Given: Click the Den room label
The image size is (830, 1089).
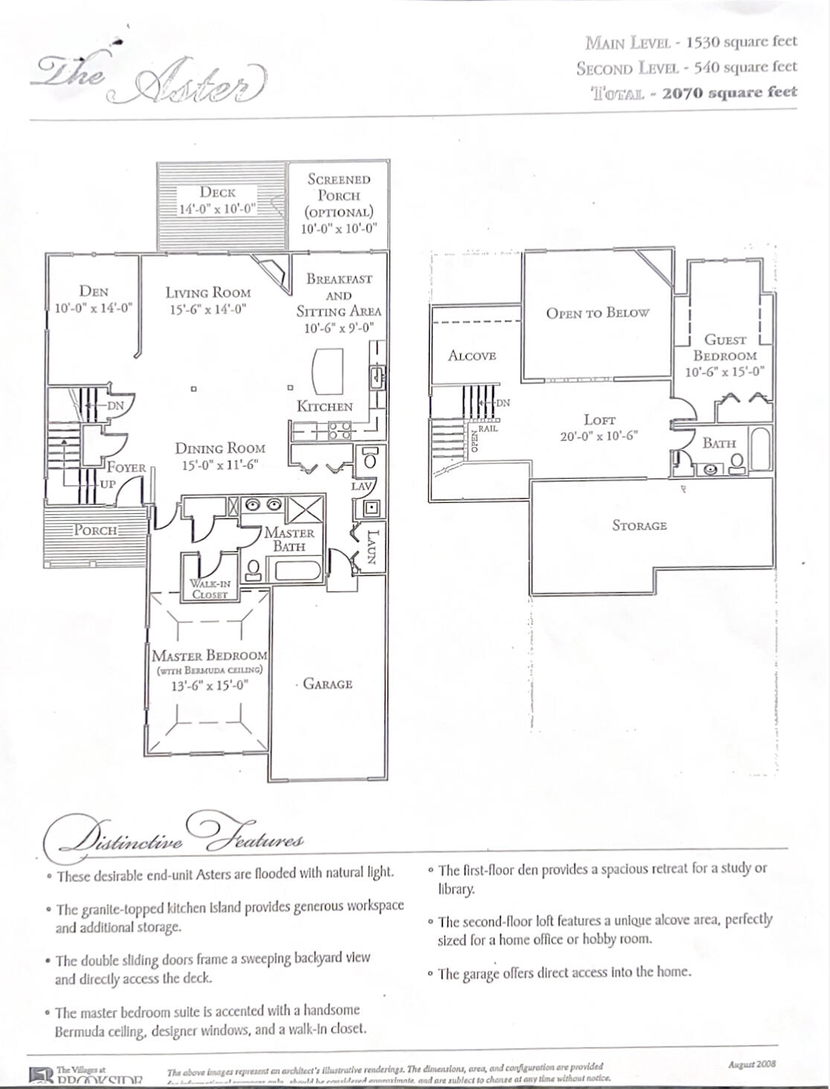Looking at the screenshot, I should [94, 292].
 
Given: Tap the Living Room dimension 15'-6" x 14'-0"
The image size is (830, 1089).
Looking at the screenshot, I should [207, 309].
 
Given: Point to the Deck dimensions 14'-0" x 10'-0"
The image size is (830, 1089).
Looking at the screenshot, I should [217, 209].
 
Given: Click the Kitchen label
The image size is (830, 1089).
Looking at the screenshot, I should [325, 406].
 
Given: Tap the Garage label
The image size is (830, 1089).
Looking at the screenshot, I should [327, 684].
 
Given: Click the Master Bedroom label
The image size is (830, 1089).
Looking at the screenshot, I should [209, 655].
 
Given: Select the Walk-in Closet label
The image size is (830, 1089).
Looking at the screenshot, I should [209, 589].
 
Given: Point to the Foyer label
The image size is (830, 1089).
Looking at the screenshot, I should [126, 467].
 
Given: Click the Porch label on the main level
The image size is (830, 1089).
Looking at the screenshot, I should [95, 530].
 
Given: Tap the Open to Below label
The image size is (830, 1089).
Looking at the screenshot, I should [597, 313].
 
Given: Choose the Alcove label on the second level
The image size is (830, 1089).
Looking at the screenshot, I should [472, 356].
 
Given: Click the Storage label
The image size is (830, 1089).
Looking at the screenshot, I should [639, 525].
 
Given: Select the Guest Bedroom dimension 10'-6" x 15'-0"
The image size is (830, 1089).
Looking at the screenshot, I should [725, 371].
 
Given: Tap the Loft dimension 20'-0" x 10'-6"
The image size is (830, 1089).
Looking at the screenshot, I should [599, 437].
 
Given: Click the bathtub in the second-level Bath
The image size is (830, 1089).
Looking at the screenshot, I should [761, 451].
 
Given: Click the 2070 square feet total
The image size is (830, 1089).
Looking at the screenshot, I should [729, 92].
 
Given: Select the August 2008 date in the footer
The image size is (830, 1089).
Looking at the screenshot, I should [752, 1064].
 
